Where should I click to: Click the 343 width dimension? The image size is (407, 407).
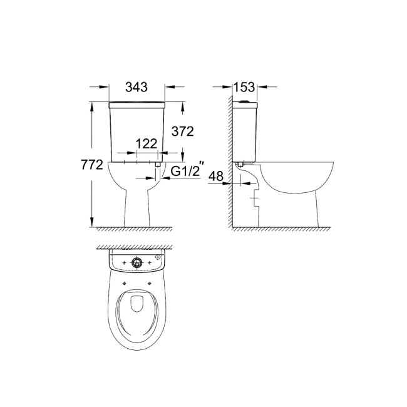click(137, 88)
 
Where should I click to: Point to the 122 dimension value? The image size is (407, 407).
click(145, 143)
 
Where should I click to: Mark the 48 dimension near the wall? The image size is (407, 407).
click(216, 177)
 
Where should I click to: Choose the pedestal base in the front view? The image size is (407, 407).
click(137, 210)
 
